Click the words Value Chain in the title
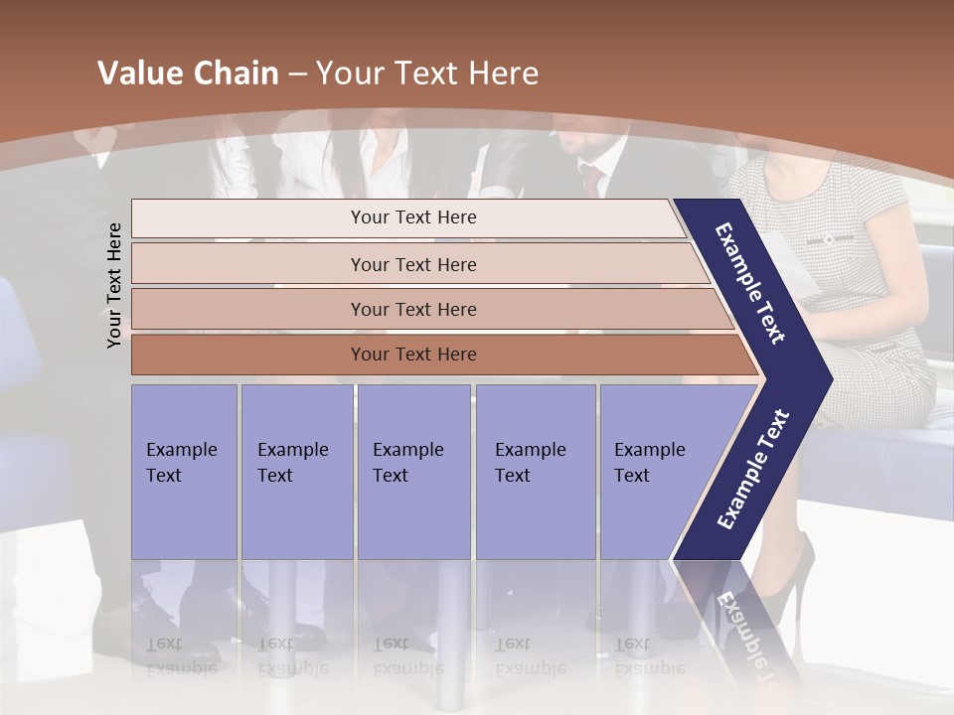click(x=188, y=73)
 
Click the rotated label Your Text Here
click(x=114, y=285)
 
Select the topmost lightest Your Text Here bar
click(x=412, y=217)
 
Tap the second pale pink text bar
click(x=412, y=264)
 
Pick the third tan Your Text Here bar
click(x=412, y=309)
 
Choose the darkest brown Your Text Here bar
click(x=412, y=355)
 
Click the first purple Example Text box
click(x=184, y=471)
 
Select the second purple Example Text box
click(x=296, y=471)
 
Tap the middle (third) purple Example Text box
click(x=413, y=471)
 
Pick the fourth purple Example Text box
click(x=535, y=471)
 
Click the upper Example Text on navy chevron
click(x=751, y=283)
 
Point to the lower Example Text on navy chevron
click(x=753, y=470)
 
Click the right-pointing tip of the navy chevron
click(x=826, y=378)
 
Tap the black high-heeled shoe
click(x=790, y=581)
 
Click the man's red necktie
click(x=592, y=179)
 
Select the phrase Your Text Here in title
click(x=426, y=73)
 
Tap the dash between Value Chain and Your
click(x=297, y=74)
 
